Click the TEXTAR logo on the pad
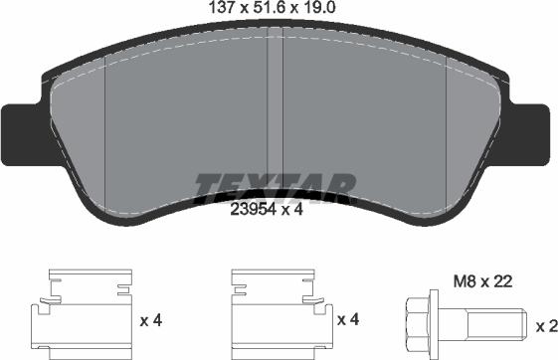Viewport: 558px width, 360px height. [276, 185]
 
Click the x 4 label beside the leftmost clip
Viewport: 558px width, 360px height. [150, 320]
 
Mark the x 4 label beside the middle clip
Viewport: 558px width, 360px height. [348, 320]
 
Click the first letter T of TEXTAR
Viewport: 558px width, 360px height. [207, 185]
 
